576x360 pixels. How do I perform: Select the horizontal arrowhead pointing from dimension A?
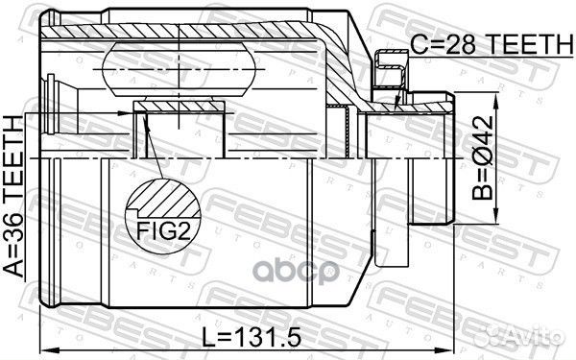click(x=124, y=113)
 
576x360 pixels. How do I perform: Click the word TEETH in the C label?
click(x=509, y=43)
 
